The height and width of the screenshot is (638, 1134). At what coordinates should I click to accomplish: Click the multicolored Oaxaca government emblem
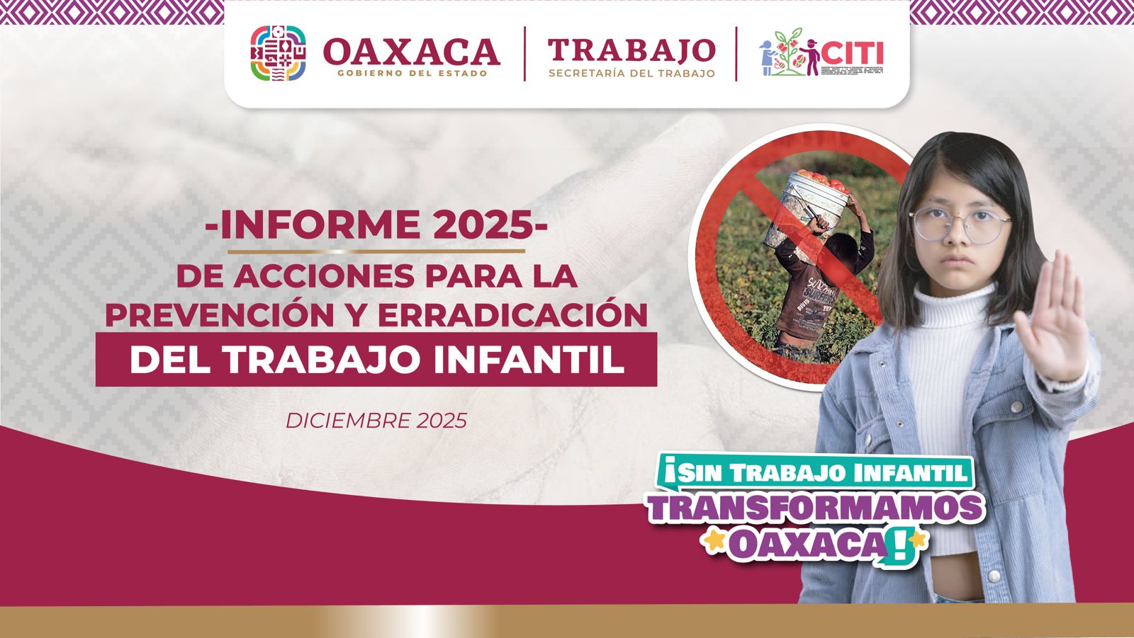(279, 53)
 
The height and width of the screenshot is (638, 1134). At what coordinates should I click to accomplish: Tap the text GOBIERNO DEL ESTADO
(412, 74)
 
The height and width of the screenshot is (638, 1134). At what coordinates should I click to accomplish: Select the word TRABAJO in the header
(631, 50)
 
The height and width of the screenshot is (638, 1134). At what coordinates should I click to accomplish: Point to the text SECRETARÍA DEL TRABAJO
(631, 74)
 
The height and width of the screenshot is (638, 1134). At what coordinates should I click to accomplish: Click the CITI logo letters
(854, 53)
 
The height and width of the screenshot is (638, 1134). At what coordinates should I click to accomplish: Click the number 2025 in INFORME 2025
(482, 225)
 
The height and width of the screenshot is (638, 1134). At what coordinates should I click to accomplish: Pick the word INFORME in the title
(320, 225)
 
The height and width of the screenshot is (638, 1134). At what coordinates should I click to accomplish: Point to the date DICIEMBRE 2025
(376, 421)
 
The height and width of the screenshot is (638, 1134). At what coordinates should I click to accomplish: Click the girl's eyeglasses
(960, 224)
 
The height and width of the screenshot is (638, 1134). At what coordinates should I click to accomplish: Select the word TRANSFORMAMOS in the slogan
(815, 508)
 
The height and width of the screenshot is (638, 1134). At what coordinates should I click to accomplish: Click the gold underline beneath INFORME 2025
(376, 251)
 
